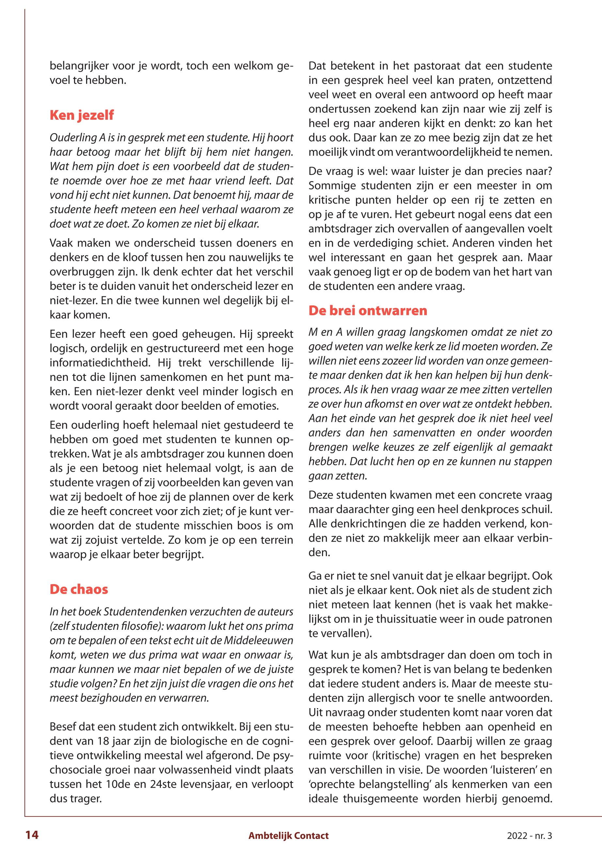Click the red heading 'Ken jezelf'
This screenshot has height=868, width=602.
(x=82, y=115)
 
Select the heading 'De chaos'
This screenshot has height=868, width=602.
(x=79, y=589)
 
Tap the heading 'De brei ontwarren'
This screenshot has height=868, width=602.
(x=368, y=310)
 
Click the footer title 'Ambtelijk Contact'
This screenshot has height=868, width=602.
(x=288, y=836)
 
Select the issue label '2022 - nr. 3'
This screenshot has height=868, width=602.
(x=529, y=836)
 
